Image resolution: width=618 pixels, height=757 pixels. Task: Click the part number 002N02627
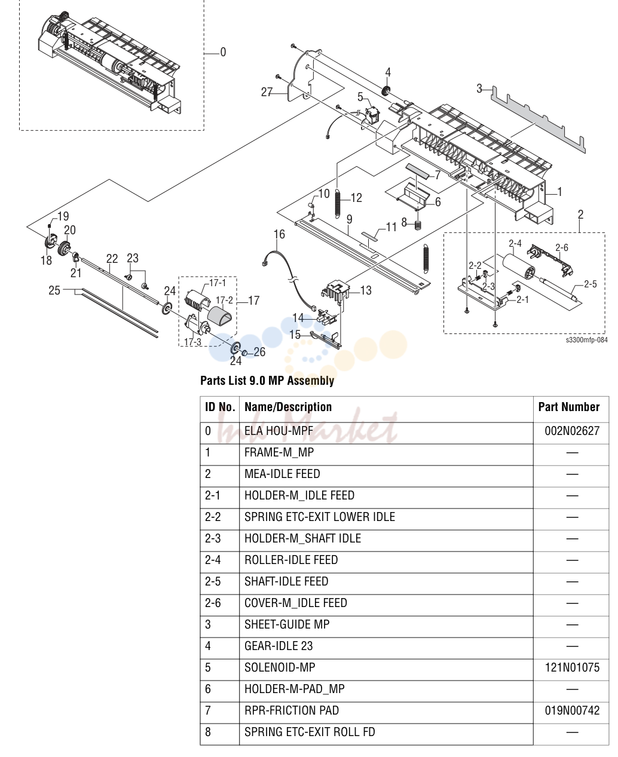tap(571, 431)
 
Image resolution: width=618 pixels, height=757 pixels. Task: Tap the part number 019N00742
tap(571, 710)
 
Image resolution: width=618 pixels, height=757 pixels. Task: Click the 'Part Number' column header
tap(568, 407)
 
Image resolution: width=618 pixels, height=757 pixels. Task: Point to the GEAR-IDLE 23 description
tap(279, 646)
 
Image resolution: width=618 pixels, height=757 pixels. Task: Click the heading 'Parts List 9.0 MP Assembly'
tap(267, 381)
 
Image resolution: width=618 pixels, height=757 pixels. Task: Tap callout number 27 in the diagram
tap(267, 92)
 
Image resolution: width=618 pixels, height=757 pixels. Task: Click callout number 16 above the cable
tap(279, 234)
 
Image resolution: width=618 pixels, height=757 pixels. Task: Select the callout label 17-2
tap(224, 300)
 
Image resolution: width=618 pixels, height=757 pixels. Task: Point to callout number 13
tap(366, 290)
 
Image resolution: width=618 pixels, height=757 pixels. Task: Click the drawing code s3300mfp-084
tap(586, 340)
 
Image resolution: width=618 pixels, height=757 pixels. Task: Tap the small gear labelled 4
tap(386, 91)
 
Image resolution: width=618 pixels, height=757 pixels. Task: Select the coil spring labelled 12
tap(338, 203)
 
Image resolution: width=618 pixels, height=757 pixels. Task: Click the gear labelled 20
tap(65, 247)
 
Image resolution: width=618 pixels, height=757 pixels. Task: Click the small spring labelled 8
tap(417, 225)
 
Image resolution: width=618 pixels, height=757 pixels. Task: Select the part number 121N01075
tap(571, 667)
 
